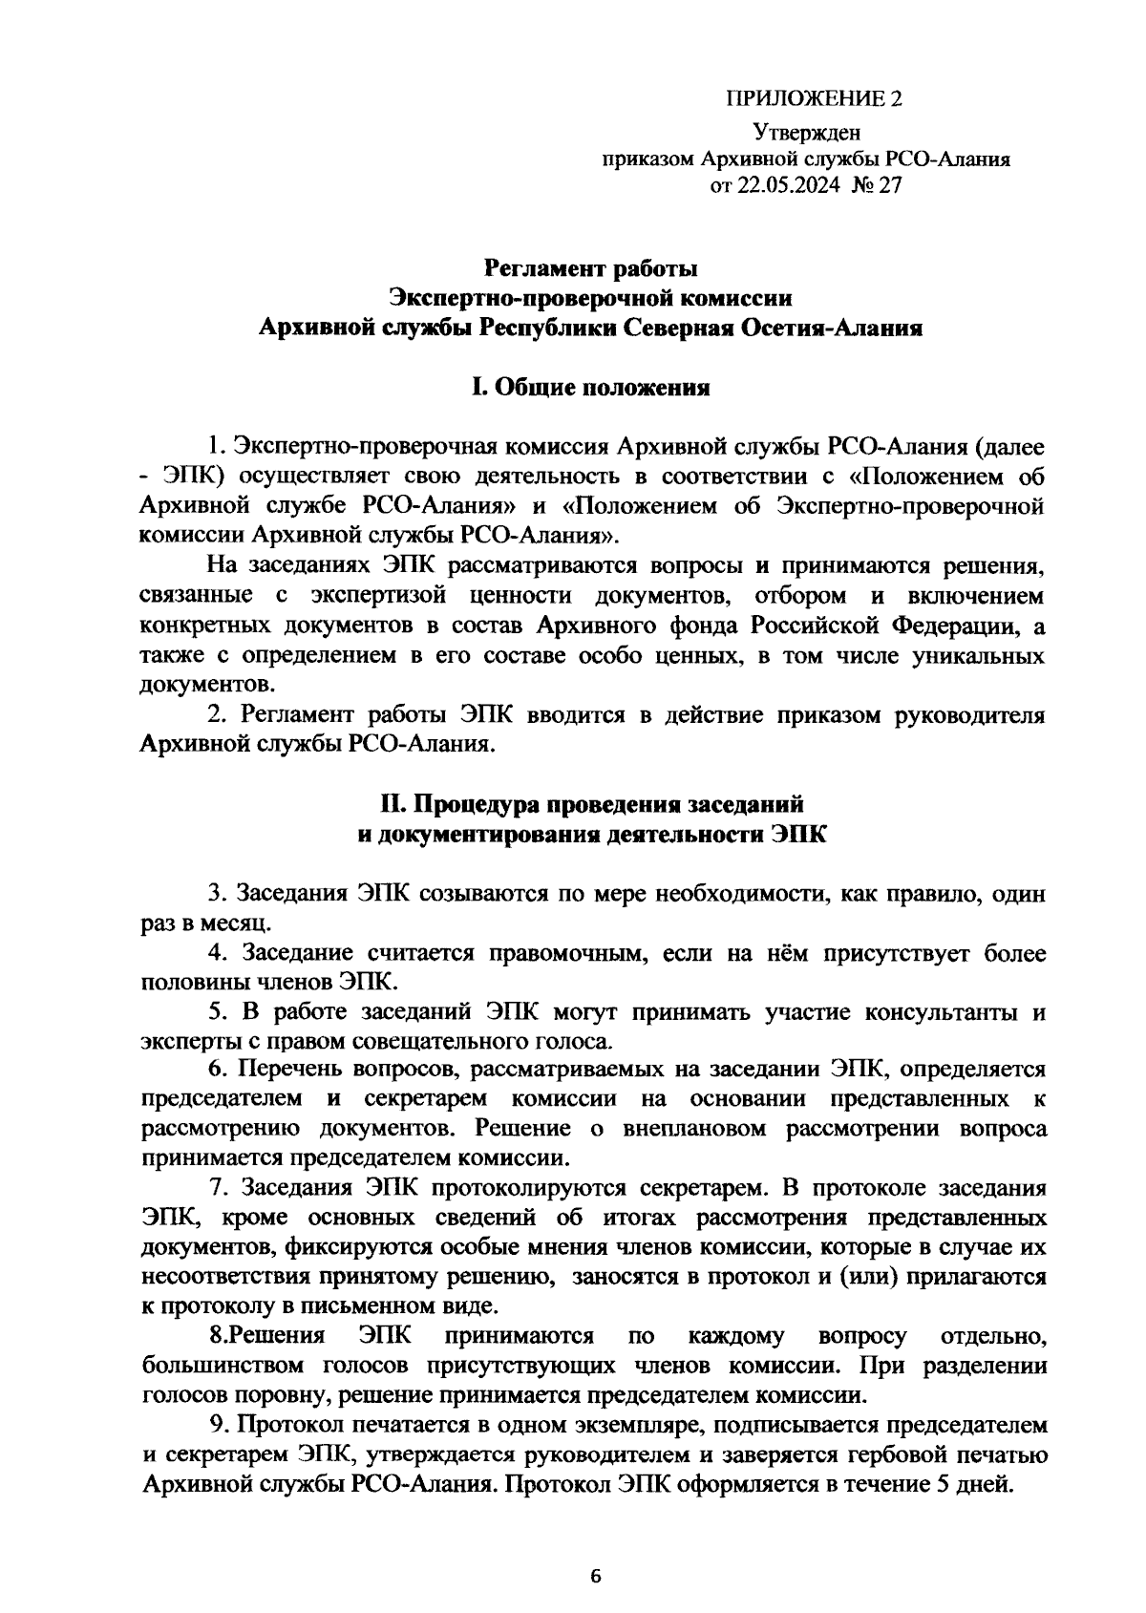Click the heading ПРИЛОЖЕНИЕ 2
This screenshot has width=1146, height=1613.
[x=814, y=98]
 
